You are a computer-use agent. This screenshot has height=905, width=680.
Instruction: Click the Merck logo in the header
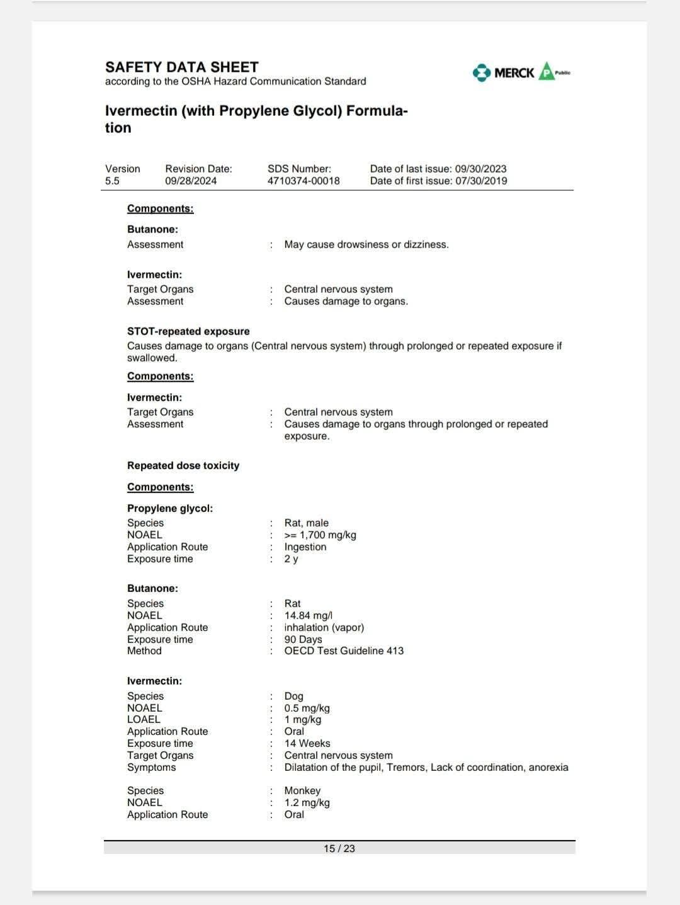tap(504, 72)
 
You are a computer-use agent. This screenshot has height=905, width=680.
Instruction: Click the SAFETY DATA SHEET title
tap(182, 67)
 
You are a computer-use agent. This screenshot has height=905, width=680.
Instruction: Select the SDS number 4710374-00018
tap(303, 181)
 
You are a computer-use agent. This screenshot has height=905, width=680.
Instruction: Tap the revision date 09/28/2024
tap(191, 181)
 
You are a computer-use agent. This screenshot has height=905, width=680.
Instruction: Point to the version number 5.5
tap(112, 181)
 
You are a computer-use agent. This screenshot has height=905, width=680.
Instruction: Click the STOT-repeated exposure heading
tap(188, 331)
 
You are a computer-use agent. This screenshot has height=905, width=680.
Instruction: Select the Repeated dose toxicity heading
tap(183, 465)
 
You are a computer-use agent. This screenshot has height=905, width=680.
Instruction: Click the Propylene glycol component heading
tap(170, 508)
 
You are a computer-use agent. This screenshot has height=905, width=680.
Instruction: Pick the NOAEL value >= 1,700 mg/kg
tap(320, 535)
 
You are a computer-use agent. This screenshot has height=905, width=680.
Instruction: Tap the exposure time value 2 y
tap(291, 559)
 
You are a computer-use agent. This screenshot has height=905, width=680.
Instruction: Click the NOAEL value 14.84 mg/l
tap(309, 615)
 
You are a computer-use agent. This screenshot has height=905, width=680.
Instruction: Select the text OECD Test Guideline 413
tap(344, 651)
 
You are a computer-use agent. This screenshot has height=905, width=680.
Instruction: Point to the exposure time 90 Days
tap(303, 639)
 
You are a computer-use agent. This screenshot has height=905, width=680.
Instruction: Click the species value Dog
tap(293, 696)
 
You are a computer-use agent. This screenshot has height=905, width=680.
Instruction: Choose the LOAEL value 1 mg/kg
tap(303, 719)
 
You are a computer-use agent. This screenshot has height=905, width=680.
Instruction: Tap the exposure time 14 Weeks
tap(307, 743)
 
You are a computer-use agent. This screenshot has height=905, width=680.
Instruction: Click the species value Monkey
tap(302, 790)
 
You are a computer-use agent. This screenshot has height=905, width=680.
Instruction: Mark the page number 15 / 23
tap(339, 848)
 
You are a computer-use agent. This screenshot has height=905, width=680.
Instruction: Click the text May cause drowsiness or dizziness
tap(366, 244)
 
